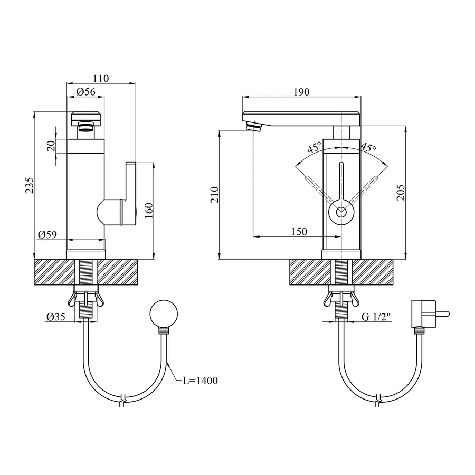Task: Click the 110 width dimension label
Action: tap(101, 79)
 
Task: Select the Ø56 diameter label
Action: tap(86, 91)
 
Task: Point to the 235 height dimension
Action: tap(30, 185)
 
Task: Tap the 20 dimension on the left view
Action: tap(52, 146)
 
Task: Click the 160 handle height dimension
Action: tap(148, 211)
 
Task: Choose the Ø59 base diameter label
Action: tap(47, 234)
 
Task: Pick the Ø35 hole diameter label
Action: tap(56, 317)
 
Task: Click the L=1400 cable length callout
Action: tap(200, 381)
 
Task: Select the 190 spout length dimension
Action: tap(301, 92)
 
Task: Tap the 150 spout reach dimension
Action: tap(299, 232)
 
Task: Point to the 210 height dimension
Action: tap(214, 195)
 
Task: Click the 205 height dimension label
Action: tap(401, 192)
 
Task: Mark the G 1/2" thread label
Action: tap(376, 317)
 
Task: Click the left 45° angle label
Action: tap(315, 147)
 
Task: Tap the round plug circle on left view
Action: tap(164, 314)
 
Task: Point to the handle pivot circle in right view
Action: tap(341, 212)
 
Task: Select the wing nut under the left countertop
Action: tap(85, 299)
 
